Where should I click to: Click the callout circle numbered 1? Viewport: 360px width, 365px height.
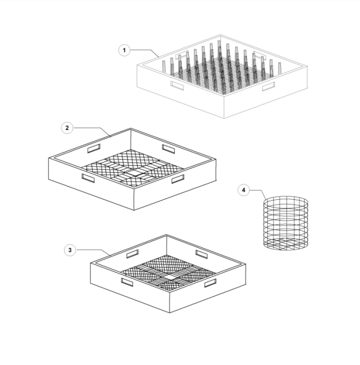pos(124,50)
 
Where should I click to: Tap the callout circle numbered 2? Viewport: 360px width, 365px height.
pos(67,128)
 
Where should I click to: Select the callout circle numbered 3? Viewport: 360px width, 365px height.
pos(70,250)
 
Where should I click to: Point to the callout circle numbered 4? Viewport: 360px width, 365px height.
pos(244,190)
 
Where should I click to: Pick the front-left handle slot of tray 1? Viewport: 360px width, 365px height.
pos(177,85)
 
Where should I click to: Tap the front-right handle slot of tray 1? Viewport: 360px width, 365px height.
pos(268,86)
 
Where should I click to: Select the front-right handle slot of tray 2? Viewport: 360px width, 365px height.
pos(178,179)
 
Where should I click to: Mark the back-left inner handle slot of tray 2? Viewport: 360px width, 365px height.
pos(94,148)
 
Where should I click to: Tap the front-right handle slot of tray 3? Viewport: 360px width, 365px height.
pos(210,283)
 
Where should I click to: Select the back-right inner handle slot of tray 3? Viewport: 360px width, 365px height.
pos(201,254)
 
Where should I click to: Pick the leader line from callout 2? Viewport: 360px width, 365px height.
pos(89,128)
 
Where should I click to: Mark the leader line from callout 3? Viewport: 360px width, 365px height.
pos(91,250)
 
